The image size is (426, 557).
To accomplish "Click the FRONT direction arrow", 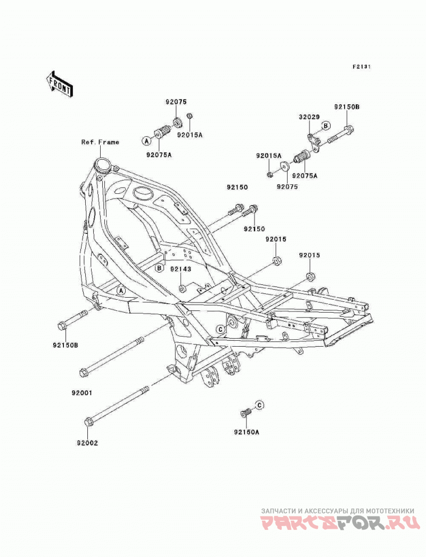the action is pos(59,83).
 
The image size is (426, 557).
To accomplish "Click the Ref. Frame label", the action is pos(100,142).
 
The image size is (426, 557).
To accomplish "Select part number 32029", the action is pos(309,117).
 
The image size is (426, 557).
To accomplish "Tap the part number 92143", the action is pos(180,269).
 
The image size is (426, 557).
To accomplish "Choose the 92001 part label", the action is pos(81,393).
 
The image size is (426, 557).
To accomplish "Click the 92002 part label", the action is pos(87,443).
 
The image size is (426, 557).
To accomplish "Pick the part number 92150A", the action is pos(247,432).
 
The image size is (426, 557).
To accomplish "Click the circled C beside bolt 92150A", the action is pos(260,405).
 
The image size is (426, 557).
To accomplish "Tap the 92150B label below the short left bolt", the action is pos(65,345).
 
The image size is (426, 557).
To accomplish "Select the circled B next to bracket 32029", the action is pos(326,125).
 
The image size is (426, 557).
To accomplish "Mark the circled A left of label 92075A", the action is pos(146,141).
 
